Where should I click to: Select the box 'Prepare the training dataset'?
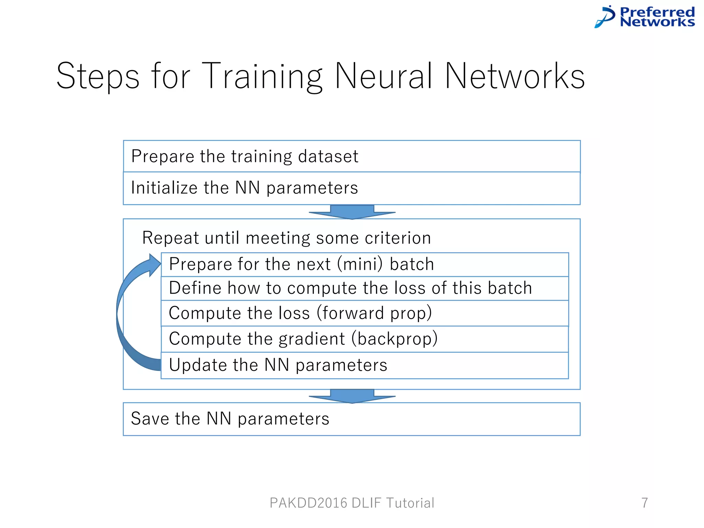(x=351, y=156)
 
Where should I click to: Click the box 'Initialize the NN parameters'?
(x=351, y=188)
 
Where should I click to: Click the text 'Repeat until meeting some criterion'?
(x=287, y=238)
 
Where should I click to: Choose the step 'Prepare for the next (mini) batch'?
(x=364, y=264)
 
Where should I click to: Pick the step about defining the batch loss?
(x=364, y=288)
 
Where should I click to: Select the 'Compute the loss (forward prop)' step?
(x=364, y=313)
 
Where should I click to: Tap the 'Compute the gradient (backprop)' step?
(x=364, y=339)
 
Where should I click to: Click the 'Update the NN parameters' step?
(x=364, y=365)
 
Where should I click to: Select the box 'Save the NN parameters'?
(x=351, y=419)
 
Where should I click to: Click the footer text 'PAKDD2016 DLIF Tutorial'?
(x=352, y=503)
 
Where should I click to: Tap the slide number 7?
(x=645, y=503)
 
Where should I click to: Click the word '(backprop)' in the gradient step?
(x=395, y=339)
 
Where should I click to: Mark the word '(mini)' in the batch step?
(x=360, y=264)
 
